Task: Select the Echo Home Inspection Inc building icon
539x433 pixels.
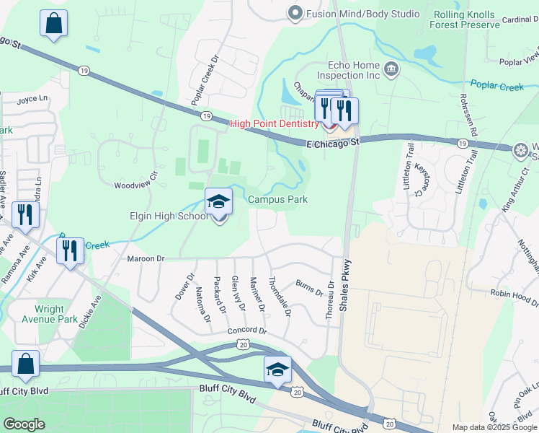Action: coord(391,69)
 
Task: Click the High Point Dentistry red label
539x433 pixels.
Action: coord(274,124)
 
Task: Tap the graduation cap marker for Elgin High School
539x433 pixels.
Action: coord(219,203)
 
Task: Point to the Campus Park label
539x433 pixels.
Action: coord(277,199)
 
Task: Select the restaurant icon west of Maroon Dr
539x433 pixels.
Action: coord(70,251)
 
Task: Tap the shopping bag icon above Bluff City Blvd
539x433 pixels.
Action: coord(25,364)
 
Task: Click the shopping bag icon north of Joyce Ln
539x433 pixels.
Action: coord(54,24)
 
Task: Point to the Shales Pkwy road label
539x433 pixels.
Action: coord(345,284)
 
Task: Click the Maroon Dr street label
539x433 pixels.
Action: coord(146,258)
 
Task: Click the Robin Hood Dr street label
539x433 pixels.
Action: coord(514,294)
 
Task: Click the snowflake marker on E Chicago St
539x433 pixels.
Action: coord(521,151)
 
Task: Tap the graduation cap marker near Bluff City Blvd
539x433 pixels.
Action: coord(277,369)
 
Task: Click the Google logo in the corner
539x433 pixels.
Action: coord(24,424)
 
